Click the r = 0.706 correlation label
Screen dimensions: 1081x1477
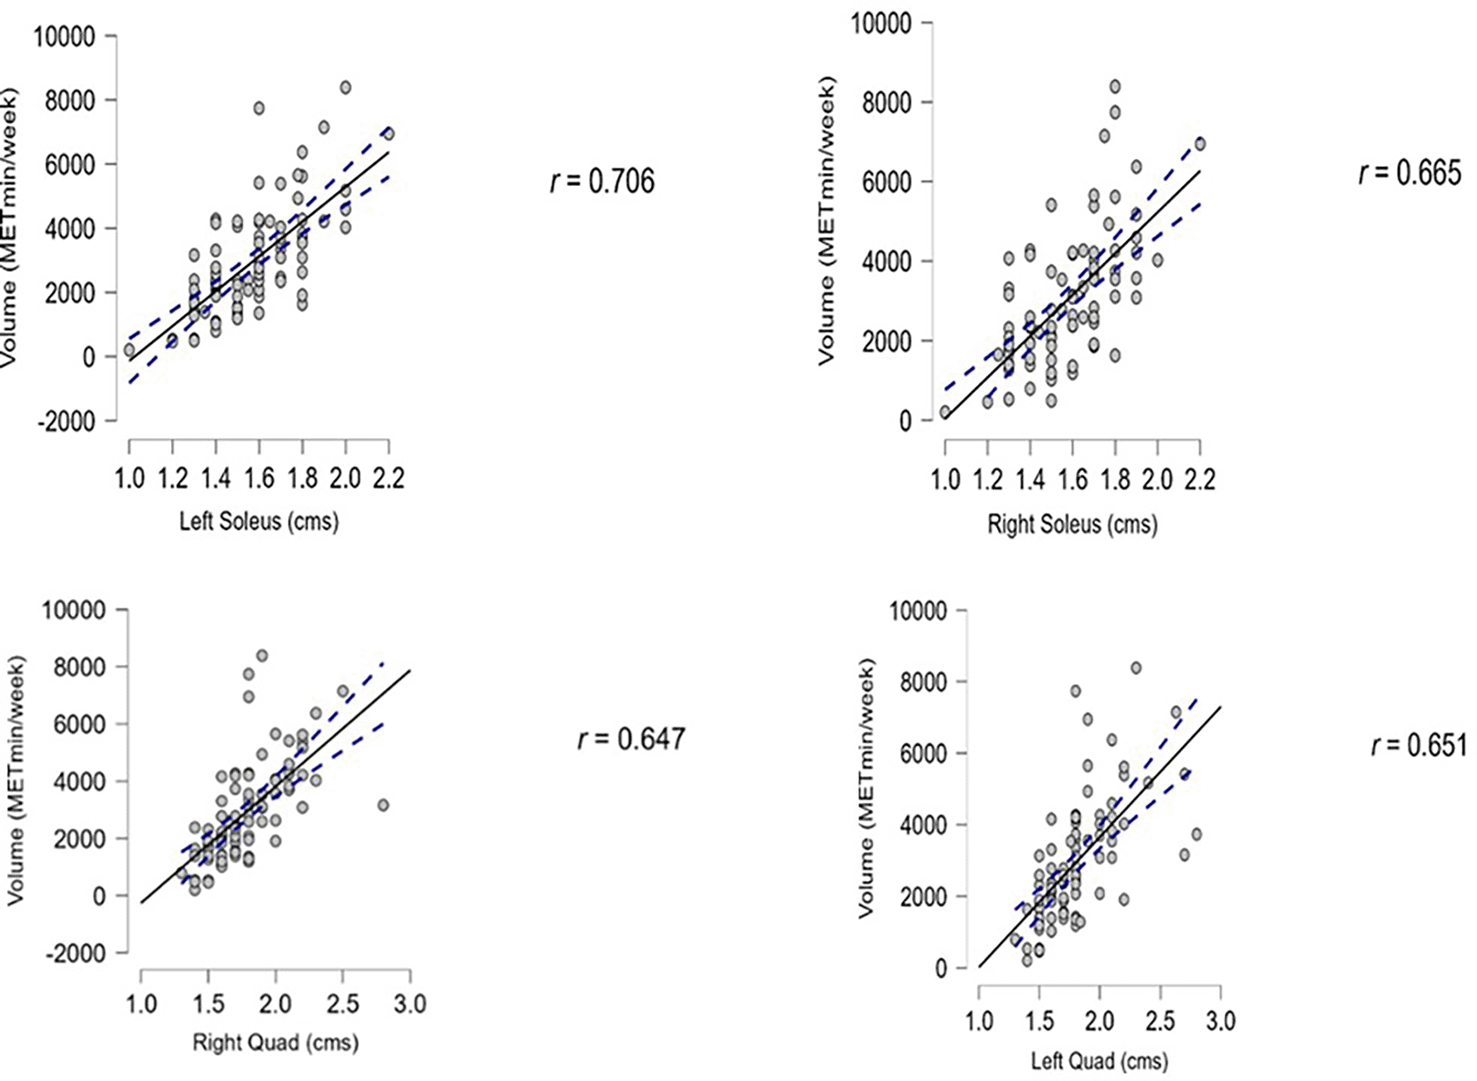click(603, 182)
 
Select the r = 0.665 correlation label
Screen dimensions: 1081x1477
click(1409, 174)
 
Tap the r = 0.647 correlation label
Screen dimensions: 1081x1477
click(630, 739)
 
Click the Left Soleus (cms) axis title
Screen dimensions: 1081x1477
click(259, 521)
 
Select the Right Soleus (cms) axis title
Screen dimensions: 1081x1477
click(1072, 524)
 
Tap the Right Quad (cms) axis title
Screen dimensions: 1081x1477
click(275, 1042)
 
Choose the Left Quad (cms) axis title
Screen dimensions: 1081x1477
click(1099, 1061)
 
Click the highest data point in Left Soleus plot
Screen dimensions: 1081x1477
click(345, 87)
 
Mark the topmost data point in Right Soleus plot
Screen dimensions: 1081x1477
click(1115, 87)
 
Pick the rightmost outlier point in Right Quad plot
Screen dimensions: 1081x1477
click(383, 806)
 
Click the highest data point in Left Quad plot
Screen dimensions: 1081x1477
click(1135, 668)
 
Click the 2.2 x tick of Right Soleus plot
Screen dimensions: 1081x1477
click(1199, 479)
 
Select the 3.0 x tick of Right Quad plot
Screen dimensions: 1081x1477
click(410, 1005)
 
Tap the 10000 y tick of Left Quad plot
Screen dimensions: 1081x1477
click(918, 611)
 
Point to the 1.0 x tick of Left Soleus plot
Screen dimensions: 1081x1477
click(129, 478)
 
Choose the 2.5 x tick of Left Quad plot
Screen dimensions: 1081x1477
click(1160, 1020)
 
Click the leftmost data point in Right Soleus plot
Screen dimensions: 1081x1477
click(945, 412)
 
